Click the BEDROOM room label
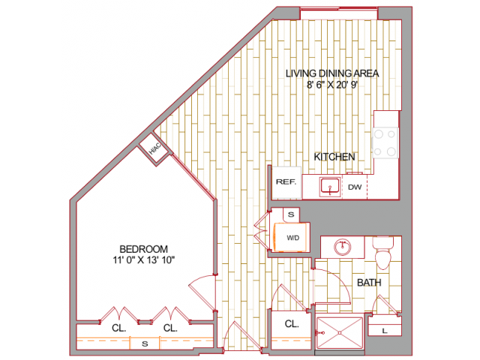(143, 249)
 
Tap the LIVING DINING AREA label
(332, 73)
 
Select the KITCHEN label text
(334, 157)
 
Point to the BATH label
(368, 283)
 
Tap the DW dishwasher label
(355, 186)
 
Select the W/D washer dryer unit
(292, 237)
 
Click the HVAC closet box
(154, 150)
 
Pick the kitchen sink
(329, 186)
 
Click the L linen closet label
(384, 331)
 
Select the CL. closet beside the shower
(292, 325)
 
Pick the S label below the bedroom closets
(142, 343)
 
